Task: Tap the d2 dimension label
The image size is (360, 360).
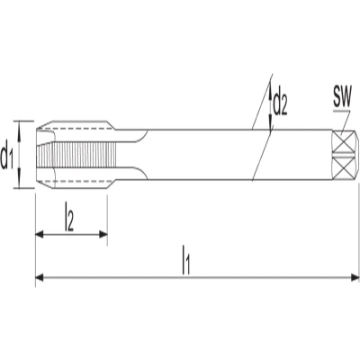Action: click(281, 104)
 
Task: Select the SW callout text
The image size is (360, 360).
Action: click(342, 98)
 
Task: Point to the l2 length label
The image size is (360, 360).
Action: click(69, 220)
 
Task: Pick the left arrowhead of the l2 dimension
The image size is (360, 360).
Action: click(40, 234)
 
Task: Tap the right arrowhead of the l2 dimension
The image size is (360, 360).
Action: click(103, 234)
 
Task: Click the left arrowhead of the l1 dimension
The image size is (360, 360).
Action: click(40, 277)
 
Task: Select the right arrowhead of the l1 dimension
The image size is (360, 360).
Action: click(355, 277)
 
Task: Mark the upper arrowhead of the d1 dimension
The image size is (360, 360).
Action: click(20, 127)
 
